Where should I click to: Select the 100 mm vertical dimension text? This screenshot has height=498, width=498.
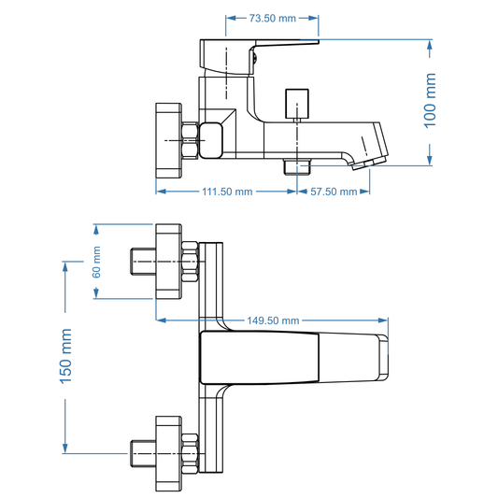pos(431,102)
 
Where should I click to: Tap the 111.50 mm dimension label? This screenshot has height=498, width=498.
pos(228,192)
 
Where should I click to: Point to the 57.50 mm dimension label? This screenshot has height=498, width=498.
pos(334,192)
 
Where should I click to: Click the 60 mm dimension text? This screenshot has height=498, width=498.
pos(96,262)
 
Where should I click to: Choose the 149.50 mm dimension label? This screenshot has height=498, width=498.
pos(273,320)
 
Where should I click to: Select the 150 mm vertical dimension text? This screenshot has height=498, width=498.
pos(66,356)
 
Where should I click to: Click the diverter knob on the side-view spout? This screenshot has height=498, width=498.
pos(296,99)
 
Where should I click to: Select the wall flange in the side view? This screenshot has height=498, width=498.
pos(167,138)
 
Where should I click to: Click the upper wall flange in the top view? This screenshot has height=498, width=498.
pos(168,262)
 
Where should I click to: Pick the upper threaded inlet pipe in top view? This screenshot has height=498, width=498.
pos(141,263)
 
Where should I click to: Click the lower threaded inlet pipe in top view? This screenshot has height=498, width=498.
pos(141,456)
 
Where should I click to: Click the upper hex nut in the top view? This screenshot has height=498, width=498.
pos(191,263)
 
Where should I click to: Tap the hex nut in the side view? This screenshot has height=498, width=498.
pos(191,139)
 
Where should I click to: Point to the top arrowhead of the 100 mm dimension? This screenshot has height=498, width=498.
pos(431,43)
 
